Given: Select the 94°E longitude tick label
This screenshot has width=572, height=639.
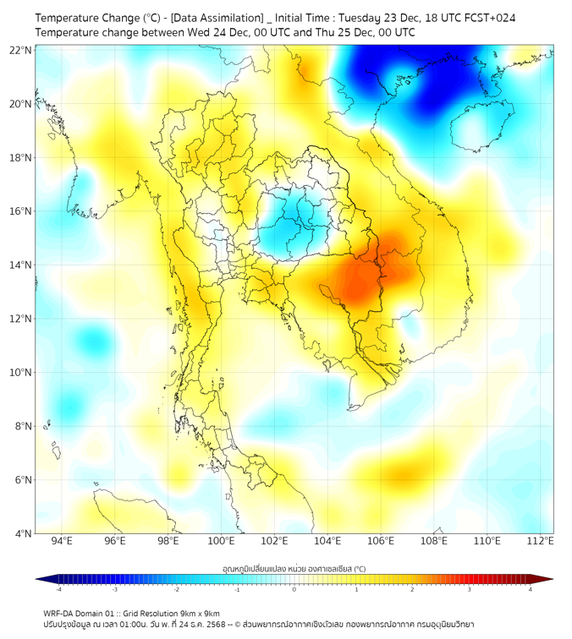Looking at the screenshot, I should (62, 541).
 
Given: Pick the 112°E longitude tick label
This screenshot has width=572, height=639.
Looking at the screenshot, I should (540, 541).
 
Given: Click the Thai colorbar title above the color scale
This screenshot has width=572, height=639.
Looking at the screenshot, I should (294, 569).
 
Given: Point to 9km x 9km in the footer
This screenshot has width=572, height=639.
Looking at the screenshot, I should (201, 613).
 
